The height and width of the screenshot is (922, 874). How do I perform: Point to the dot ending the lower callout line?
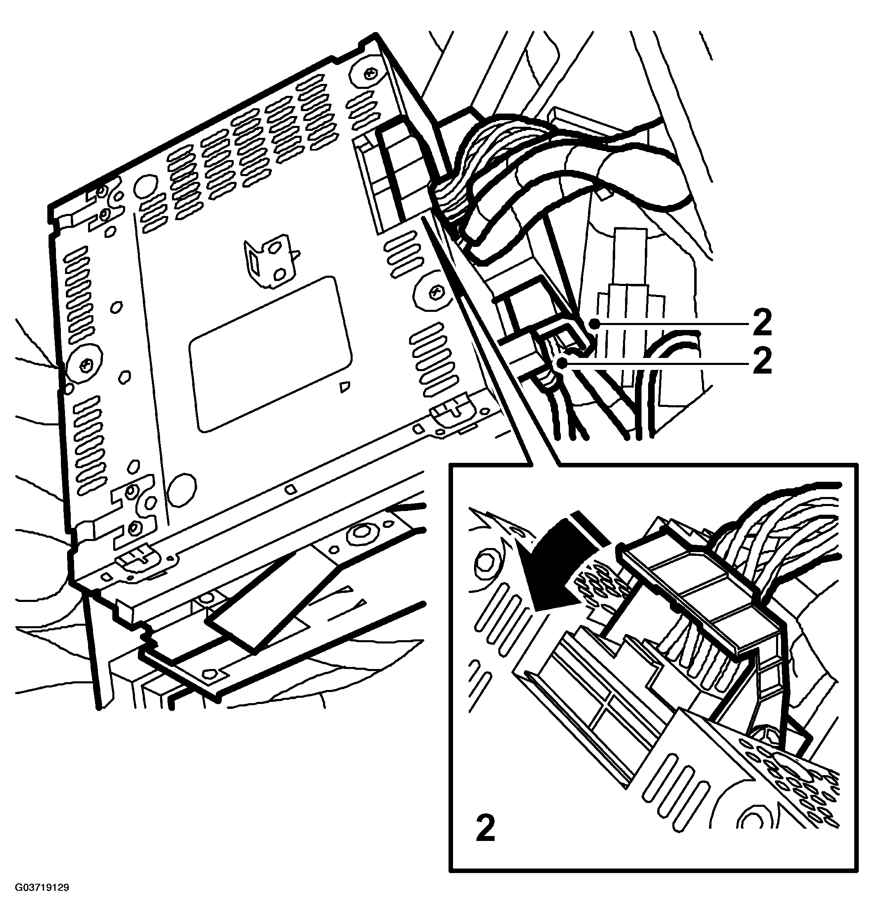[564, 362]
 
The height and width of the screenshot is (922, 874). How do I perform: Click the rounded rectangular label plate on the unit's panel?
[270, 354]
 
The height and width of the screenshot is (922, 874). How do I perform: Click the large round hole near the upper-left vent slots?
[144, 186]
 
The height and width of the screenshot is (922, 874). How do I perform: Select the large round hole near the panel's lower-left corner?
[182, 489]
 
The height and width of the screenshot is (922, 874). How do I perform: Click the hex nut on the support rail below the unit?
[361, 531]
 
